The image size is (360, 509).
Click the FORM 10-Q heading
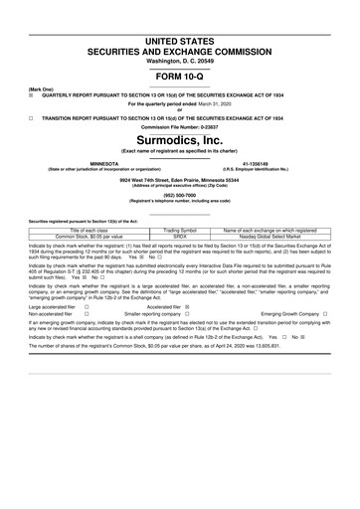[x=179, y=76]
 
